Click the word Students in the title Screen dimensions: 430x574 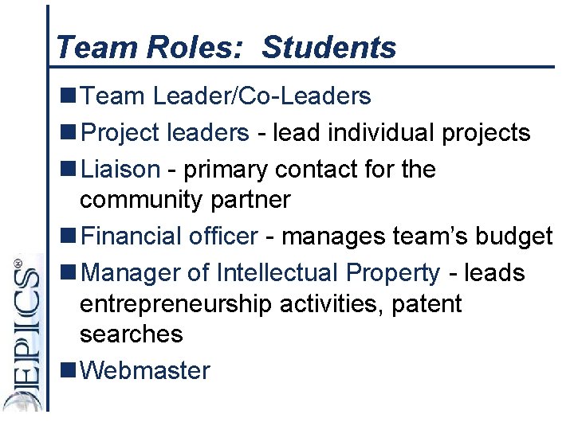(x=328, y=48)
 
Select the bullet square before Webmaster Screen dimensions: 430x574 (x=69, y=370)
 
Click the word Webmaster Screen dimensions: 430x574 (x=146, y=370)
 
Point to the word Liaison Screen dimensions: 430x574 (x=120, y=169)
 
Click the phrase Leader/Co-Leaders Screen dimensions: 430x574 (x=261, y=96)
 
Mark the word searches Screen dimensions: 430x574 (x=132, y=334)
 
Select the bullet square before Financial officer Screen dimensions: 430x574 (x=69, y=236)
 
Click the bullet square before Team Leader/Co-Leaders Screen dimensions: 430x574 (x=69, y=96)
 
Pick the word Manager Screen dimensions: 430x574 (x=132, y=273)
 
